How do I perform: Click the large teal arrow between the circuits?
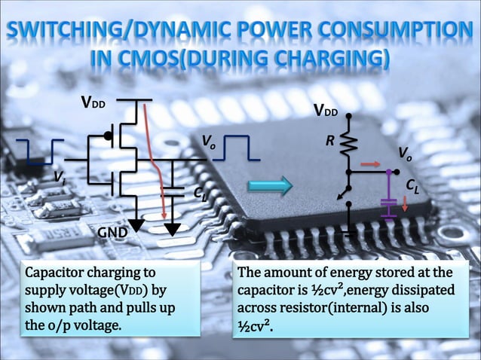tap(271, 185)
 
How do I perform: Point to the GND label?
tap(112, 234)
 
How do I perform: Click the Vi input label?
tap(59, 176)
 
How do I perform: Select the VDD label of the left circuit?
tap(94, 103)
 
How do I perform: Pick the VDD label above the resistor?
tap(326, 112)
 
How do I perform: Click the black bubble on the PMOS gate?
tap(109, 136)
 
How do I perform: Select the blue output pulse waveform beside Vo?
tap(241, 148)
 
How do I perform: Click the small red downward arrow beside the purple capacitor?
tap(405, 203)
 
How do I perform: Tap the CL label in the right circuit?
tap(412, 185)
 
